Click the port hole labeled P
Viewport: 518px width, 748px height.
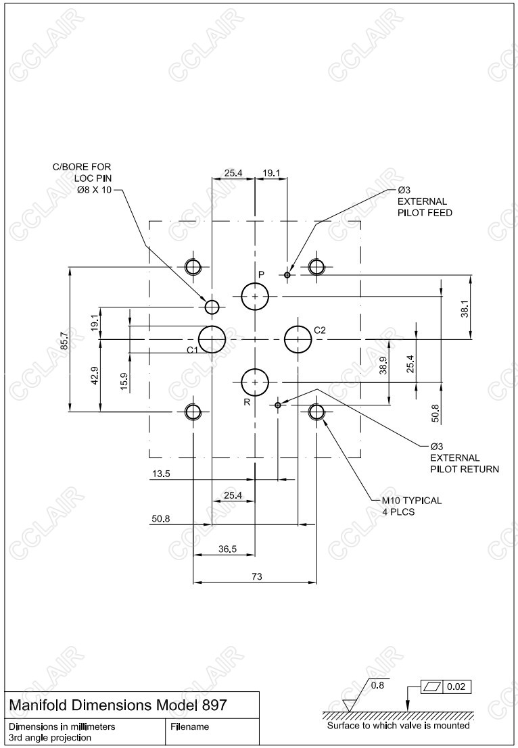pyautogui.click(x=255, y=296)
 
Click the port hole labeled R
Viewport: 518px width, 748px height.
pyautogui.click(x=255, y=382)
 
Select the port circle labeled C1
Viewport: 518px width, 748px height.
pyautogui.click(x=212, y=339)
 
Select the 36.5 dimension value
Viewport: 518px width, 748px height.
pyautogui.click(x=227, y=549)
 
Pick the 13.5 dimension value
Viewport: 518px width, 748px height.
pyautogui.click(x=161, y=474)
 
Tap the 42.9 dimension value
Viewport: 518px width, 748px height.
pyautogui.click(x=95, y=375)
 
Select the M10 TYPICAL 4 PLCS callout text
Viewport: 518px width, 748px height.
pyautogui.click(x=411, y=506)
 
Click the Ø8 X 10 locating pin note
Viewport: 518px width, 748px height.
pyautogui.click(x=95, y=190)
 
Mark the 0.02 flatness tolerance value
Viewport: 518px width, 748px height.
pyautogui.click(x=456, y=687)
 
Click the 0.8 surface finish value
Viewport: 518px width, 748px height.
pyautogui.click(x=379, y=685)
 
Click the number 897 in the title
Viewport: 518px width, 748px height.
pyautogui.click(x=214, y=705)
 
